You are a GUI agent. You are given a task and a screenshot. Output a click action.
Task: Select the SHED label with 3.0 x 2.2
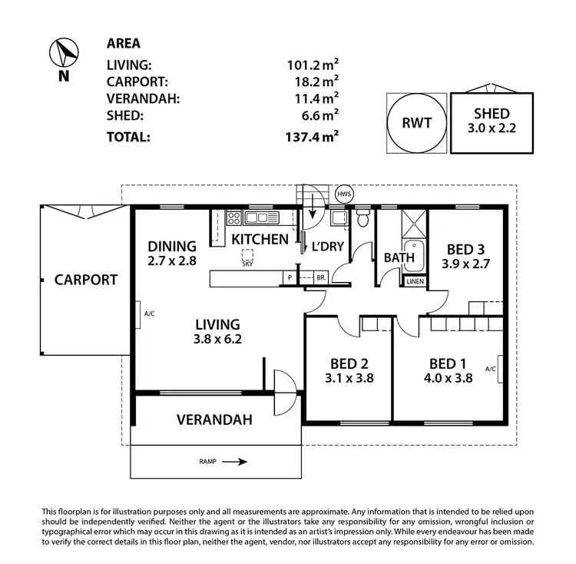click(x=492, y=121)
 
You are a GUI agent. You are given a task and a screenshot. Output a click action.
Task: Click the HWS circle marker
click(x=343, y=194)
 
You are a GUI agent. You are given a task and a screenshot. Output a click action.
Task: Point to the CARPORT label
click(x=85, y=280)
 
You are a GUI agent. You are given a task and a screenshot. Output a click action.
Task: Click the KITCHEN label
click(x=260, y=239)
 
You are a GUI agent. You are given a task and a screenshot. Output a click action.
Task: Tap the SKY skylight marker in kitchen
click(x=247, y=257)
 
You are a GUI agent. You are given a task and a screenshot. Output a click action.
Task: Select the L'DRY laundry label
click(x=326, y=247)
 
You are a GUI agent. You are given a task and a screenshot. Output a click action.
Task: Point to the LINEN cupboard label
click(x=415, y=282)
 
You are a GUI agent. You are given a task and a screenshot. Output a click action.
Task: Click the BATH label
click(x=399, y=257)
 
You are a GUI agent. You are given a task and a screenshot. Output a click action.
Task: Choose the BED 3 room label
click(x=465, y=256)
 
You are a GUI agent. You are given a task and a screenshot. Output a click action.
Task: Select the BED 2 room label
click(x=349, y=370)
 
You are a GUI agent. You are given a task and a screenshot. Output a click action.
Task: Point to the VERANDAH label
click(x=214, y=420)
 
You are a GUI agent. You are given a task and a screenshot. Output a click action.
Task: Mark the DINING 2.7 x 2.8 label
click(x=172, y=254)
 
